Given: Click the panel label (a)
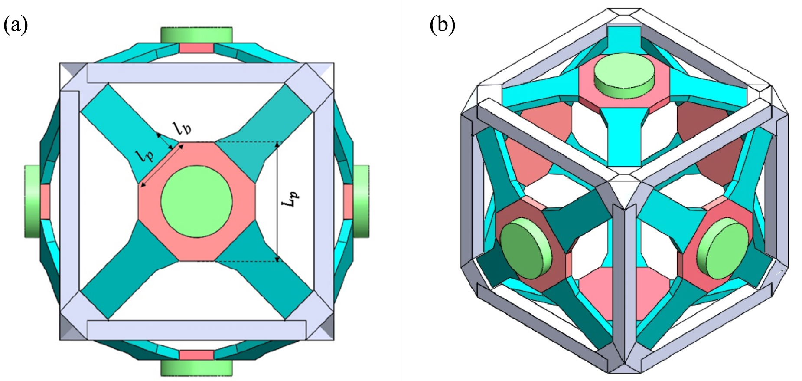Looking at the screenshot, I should pos(16,25).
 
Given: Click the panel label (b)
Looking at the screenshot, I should pos(442,25).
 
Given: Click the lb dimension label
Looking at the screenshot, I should pos(182,128).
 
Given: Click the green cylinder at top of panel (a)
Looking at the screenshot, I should pos(196,35).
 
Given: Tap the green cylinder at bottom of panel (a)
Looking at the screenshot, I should pos(196,368).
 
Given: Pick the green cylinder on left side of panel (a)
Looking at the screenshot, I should pos(33,201).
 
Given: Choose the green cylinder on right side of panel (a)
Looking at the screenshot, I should pos(361,201).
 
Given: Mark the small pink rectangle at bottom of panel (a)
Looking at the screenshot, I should pos(196,355).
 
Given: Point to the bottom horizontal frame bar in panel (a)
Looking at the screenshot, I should pos(196,330).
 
